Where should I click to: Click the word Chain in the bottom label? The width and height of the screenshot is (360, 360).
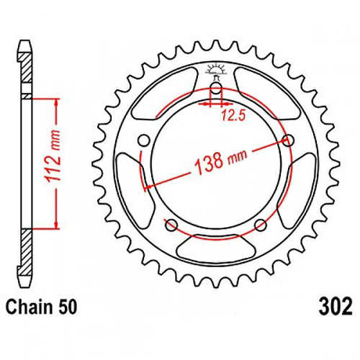click(x=30, y=309)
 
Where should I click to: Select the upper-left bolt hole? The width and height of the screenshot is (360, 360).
click(x=142, y=140)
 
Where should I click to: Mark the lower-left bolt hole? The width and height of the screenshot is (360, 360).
click(x=171, y=226)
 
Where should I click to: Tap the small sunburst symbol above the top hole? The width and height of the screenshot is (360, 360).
click(x=215, y=71)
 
